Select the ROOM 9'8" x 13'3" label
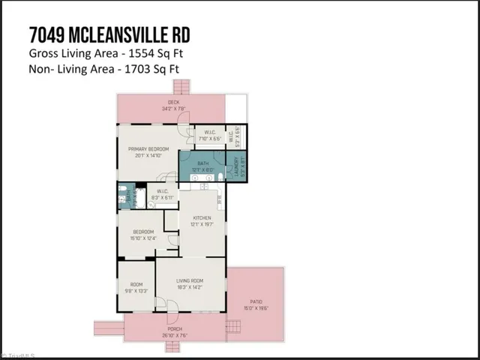136,286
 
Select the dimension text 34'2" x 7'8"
173,109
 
